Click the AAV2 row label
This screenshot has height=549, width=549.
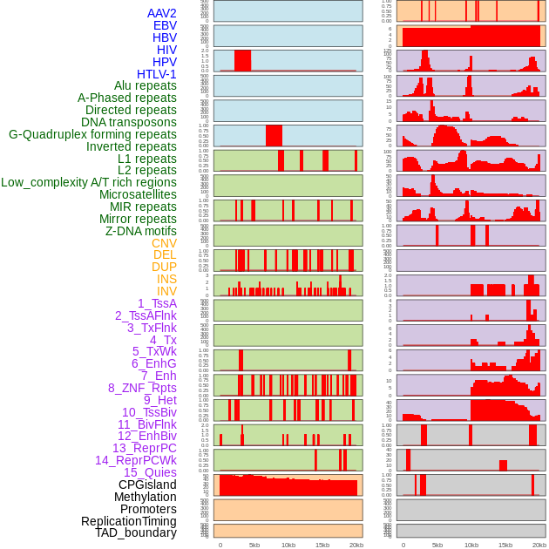pos(162,13)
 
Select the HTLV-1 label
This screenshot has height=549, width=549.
pos(157,74)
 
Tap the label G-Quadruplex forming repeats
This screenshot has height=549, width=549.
pos(92,134)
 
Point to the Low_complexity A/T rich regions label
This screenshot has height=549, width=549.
pos(89,182)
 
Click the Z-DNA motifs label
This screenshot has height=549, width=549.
pos(141,231)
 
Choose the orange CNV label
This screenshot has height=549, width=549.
pos(164,243)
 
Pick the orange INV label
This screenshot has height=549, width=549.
pos(166,291)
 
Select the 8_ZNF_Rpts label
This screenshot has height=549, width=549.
pos(142,388)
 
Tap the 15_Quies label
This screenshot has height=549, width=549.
pos(150,472)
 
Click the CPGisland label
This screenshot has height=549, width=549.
pos(147,485)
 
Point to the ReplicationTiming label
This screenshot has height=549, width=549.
pos(129,521)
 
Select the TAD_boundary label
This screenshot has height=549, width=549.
pos(136,532)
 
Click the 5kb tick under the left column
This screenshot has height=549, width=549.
pos(254,545)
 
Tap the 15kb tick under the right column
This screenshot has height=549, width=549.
pos(505,545)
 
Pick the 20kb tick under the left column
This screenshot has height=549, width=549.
pos(356,545)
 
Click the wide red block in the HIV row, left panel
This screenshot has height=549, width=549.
pos(242,60)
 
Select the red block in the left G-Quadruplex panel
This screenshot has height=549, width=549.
pos(274,136)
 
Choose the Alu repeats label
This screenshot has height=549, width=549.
pos(146,85)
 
